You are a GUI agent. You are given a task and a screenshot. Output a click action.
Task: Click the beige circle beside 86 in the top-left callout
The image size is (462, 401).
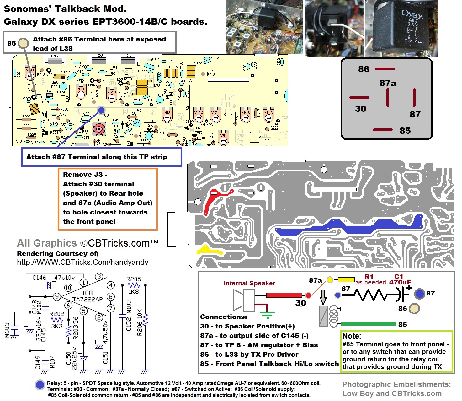click(x=23, y=43)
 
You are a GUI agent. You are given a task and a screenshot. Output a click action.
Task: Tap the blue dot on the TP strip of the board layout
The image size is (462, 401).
click(x=101, y=110)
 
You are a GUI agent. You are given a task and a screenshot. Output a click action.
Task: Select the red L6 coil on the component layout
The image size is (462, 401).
click(x=99, y=129)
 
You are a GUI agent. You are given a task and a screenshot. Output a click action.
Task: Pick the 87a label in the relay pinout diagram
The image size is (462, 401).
click(x=388, y=83)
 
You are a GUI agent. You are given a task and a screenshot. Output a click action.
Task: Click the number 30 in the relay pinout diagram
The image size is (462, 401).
click(x=360, y=109)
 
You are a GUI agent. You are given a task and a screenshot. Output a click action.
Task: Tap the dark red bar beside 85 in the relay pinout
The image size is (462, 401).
click(x=382, y=130)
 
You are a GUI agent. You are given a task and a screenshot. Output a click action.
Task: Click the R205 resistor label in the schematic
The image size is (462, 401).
click(x=134, y=279)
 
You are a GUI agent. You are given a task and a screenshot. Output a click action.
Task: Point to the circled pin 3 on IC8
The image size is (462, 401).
click(x=99, y=277)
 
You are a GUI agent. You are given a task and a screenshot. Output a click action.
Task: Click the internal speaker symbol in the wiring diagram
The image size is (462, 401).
click(x=243, y=300)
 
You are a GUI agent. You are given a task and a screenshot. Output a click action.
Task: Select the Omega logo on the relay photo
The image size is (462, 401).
click(x=412, y=15)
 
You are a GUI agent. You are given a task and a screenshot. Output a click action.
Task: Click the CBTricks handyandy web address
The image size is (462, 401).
click(x=82, y=262)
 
